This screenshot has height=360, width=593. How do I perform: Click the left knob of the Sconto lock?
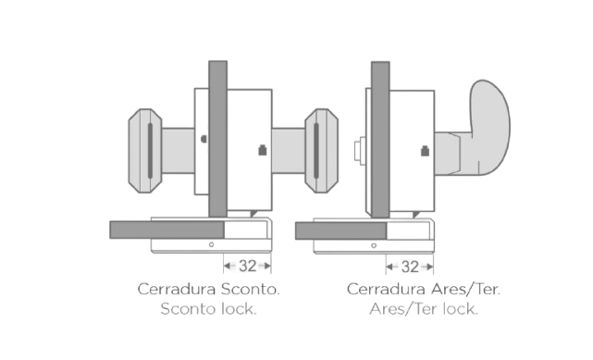coord(145,151)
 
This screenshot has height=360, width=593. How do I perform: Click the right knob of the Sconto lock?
coord(322,151)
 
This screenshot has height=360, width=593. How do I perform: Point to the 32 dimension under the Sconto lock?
coord(248,266)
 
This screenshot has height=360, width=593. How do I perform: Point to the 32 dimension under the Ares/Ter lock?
coord(410,267)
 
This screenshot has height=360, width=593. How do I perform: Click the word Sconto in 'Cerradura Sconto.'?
coord(251,290)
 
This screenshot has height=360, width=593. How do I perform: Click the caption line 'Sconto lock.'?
coord(209,309)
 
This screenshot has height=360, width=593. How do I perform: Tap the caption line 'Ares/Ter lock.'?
coord(424,309)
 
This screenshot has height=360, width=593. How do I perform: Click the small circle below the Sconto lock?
coord(212,244)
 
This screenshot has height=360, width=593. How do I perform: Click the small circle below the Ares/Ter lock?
coord(374,245)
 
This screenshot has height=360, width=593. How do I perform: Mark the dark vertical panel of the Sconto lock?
coord(217,139)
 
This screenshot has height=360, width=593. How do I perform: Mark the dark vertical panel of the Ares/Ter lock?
coord(380,140)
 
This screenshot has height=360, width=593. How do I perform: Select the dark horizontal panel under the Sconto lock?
coord(167,230)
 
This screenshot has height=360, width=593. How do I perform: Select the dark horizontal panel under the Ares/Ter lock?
coord(340,230)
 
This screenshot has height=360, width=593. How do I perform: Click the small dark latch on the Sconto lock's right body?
coord(263,150)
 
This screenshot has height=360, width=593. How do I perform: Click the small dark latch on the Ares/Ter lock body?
coord(425,151)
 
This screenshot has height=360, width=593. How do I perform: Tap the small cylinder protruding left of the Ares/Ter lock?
coord(360,151)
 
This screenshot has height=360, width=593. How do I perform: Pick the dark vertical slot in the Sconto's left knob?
coord(150,151)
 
